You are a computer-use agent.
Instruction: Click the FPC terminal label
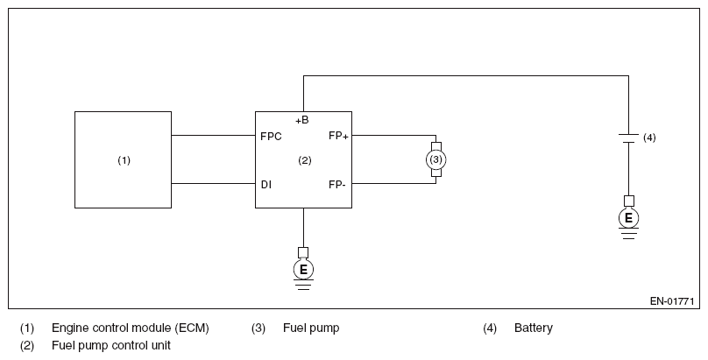click(271, 137)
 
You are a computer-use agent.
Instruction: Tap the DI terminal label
click(266, 185)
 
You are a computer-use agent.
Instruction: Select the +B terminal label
click(302, 120)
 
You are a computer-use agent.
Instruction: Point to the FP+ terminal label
click(338, 136)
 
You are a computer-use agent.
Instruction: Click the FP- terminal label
click(336, 185)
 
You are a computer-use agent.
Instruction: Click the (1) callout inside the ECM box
click(124, 160)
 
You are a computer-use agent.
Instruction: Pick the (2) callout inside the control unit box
click(305, 160)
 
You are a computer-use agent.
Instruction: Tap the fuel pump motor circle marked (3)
click(435, 159)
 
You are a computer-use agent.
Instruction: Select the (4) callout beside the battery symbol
click(649, 138)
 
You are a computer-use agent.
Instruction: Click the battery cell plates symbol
click(628, 138)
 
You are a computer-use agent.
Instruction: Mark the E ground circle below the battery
click(628, 218)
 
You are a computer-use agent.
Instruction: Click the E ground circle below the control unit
click(303, 270)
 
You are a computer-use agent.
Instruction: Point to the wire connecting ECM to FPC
click(213, 135)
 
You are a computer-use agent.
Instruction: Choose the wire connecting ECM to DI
click(213, 183)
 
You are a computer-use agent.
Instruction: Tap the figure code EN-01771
click(672, 301)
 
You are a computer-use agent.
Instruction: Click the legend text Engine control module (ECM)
click(131, 328)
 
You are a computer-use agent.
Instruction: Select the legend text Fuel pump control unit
click(111, 346)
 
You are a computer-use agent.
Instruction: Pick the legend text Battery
click(534, 328)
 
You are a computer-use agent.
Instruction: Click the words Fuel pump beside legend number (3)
click(311, 328)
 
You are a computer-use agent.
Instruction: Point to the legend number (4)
click(490, 328)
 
